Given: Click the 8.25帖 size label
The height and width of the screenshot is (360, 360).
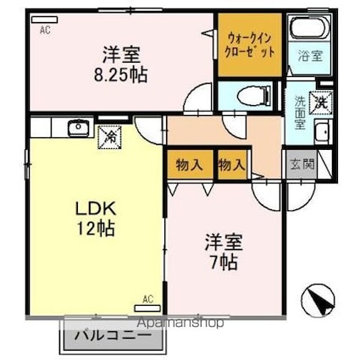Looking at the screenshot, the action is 120,75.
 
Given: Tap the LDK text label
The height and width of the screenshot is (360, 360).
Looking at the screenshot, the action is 96,209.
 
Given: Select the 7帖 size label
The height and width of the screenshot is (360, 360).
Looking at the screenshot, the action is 224,263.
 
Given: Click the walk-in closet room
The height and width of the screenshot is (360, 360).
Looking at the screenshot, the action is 250,45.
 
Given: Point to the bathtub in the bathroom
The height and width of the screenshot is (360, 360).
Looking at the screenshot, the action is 310,28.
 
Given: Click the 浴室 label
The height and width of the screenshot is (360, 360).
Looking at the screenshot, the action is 310,56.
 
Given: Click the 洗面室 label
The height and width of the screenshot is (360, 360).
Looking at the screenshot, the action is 300,113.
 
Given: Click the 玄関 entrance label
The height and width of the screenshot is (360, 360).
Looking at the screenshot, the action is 302,163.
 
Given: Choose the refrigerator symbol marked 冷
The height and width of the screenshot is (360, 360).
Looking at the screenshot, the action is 109,137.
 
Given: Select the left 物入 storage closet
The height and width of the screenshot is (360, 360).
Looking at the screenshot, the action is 190,164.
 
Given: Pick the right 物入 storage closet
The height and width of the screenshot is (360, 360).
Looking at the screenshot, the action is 232,164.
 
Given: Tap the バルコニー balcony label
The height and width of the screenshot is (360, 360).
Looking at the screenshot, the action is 113,336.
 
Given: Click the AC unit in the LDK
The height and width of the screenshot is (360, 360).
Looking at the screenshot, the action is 147,308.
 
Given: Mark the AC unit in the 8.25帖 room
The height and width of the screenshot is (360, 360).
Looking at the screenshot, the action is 44,19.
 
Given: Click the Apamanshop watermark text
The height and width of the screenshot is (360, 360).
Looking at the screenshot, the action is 180,322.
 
